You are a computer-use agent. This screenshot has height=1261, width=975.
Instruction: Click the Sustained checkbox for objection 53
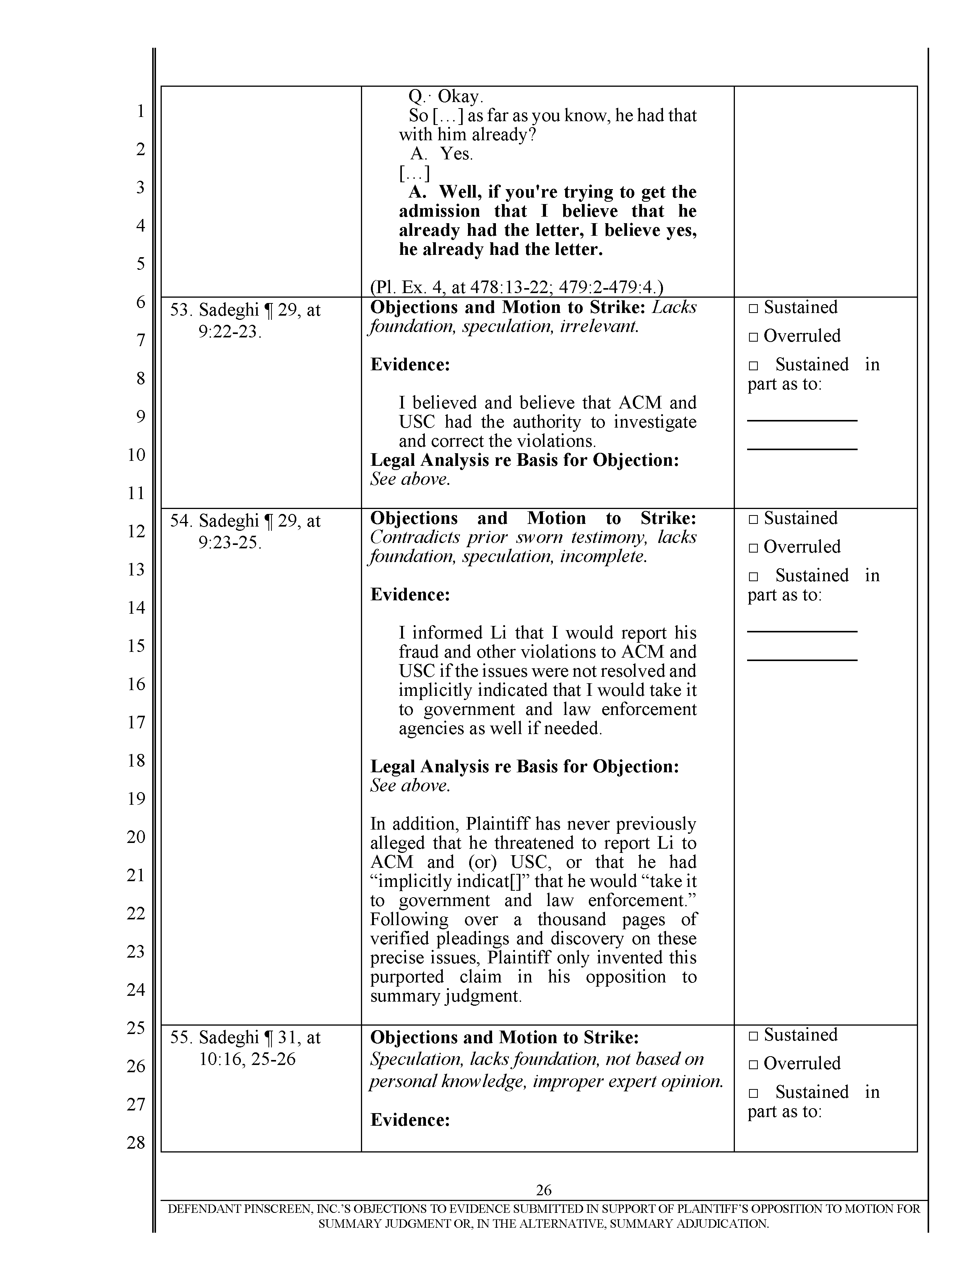753,309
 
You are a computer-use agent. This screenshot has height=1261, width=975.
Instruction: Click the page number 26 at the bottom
544,1190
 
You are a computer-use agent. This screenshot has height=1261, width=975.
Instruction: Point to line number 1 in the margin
140,111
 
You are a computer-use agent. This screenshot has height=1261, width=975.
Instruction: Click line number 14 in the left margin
136,608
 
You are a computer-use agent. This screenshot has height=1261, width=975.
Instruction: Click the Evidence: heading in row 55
409,1120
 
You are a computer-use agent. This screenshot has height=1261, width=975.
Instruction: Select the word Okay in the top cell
460,96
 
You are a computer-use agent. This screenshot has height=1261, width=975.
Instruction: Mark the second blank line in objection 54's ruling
802,660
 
